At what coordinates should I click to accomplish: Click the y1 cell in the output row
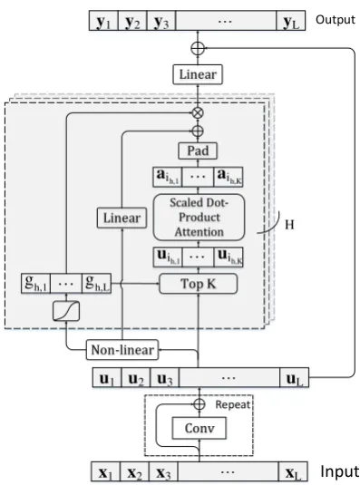(x=103, y=21)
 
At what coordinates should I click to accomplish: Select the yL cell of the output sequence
(x=291, y=21)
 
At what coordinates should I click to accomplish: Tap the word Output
(x=336, y=20)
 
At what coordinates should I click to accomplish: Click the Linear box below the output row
(x=198, y=74)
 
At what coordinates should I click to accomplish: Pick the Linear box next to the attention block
(x=122, y=218)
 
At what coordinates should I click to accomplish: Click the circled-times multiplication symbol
(x=198, y=112)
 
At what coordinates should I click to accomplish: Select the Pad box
(x=198, y=151)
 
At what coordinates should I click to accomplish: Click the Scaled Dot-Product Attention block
(x=199, y=218)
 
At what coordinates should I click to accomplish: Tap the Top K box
(x=199, y=284)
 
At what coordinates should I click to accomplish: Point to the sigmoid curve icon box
(x=66, y=311)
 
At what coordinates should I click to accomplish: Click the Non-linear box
(x=122, y=350)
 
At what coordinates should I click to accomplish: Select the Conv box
(x=199, y=428)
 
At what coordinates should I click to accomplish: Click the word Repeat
(x=232, y=404)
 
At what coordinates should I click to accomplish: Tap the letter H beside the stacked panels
(x=289, y=225)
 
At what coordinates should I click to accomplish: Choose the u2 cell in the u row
(x=136, y=378)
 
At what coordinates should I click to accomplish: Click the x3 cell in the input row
(x=163, y=472)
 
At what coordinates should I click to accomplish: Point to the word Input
(x=339, y=472)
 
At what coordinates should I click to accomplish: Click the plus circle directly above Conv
(x=199, y=404)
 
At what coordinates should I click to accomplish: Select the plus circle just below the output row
(x=198, y=49)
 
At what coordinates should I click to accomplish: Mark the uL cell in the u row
(x=295, y=378)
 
